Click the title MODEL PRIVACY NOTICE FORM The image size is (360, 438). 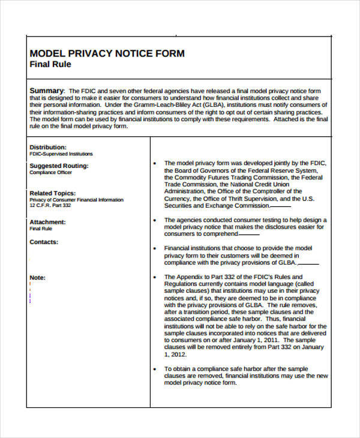pyautogui.click(x=107, y=53)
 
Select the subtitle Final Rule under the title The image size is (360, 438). pyautogui.click(x=50, y=64)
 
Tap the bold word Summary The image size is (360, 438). pyautogui.click(x=47, y=91)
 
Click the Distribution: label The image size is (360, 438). pyautogui.click(x=48, y=147)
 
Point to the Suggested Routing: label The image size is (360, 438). pyautogui.click(x=59, y=166)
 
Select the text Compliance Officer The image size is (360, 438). pyautogui.click(x=50, y=172)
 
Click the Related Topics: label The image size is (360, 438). pyautogui.click(x=53, y=193)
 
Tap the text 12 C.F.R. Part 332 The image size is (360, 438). pyautogui.click(x=50, y=206)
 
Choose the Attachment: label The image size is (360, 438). pyautogui.click(x=47, y=222)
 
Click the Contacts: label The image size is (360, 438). pyautogui.click(x=44, y=242)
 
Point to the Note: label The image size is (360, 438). pyautogui.click(x=37, y=278)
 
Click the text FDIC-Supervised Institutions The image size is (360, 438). pyautogui.click(x=61, y=154)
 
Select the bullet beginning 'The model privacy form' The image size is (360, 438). pyautogui.click(x=155, y=163)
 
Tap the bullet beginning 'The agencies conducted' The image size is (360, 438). pyautogui.click(x=155, y=220)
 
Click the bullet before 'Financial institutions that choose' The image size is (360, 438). pyautogui.click(x=155, y=248)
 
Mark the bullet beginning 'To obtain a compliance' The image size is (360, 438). pyautogui.click(x=155, y=369)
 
